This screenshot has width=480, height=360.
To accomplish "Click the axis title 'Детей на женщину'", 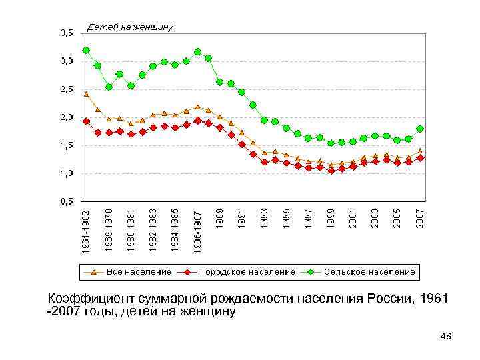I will (x=131, y=27).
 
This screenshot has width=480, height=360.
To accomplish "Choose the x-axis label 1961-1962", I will (x=87, y=231).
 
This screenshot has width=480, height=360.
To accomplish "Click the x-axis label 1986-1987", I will (x=198, y=231).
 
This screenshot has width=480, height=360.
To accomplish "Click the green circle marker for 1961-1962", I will (x=86, y=50).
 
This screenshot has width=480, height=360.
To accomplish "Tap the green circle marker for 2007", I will (x=420, y=129).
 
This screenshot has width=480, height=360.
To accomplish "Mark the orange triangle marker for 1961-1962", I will (x=86, y=94).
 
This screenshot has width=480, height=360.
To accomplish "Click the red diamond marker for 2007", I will (x=420, y=158).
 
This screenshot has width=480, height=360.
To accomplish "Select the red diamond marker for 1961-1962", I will (x=86, y=121).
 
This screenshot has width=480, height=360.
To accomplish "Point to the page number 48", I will (x=446, y=337).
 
